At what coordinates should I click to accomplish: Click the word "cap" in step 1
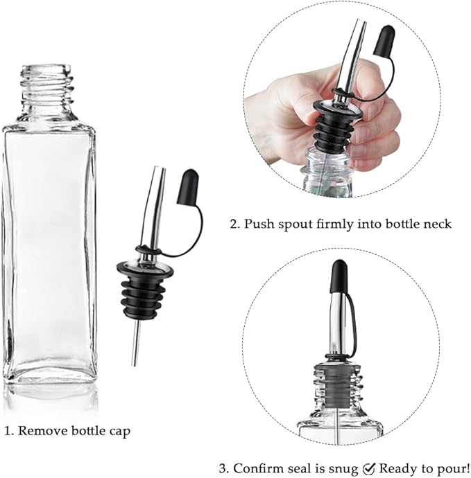pos(118,431)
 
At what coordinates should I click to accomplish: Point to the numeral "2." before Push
pos(235,224)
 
